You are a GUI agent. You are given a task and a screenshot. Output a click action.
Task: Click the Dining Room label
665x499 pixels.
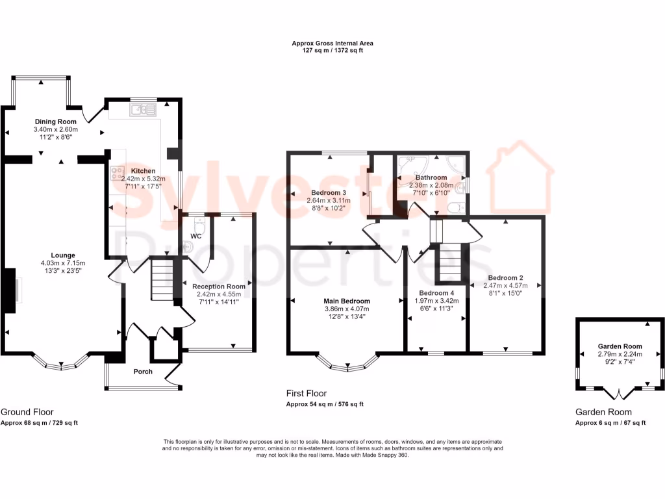click(55, 122)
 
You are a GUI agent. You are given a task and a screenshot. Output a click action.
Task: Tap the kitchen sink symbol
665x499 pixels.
click(144, 110)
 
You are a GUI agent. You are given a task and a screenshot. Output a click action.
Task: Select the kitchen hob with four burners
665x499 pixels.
click(118, 173)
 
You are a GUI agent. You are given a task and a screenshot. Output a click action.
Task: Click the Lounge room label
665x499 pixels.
click(63, 255)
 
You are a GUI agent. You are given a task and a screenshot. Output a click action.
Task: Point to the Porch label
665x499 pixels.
click(143, 372)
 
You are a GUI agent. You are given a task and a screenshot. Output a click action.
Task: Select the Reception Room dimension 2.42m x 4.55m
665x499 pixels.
click(218, 294)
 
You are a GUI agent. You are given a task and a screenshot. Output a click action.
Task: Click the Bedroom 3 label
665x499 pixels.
click(328, 193)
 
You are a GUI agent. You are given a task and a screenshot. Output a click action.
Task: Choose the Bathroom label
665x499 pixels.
click(431, 177)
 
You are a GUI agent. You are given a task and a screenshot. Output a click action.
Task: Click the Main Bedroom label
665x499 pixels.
click(347, 301)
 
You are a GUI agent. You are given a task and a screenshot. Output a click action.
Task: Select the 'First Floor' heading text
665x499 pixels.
click(307, 393)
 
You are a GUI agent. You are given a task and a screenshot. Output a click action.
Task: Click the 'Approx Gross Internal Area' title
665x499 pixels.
click(332, 44)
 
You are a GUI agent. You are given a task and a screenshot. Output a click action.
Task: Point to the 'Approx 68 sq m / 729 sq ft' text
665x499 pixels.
click(39, 423)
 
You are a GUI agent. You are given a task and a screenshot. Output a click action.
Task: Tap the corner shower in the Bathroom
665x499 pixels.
click(410, 167)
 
